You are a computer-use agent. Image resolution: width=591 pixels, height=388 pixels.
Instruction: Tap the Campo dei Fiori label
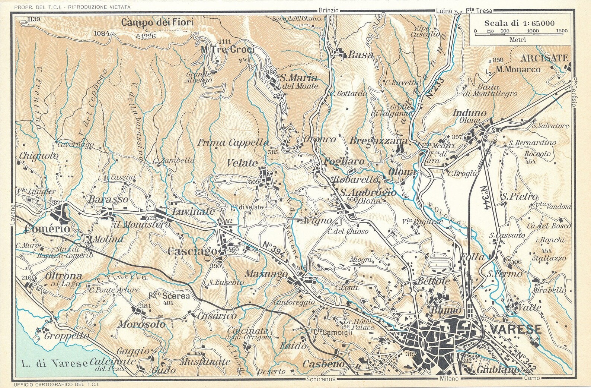click(157, 22)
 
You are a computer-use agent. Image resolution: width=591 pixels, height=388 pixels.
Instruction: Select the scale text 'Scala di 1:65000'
click(518, 23)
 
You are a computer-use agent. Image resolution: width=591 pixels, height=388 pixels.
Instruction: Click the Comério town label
click(47, 228)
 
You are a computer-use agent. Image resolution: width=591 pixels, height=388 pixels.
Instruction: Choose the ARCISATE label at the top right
click(544, 58)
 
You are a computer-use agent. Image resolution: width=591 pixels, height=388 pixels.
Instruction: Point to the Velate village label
click(242, 163)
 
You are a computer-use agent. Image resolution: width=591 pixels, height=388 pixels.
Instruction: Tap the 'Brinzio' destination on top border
click(329, 10)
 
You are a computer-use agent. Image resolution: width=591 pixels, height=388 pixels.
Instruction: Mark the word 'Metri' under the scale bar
click(517, 40)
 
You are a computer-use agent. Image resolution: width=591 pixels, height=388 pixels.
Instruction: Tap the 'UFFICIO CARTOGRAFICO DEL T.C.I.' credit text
click(58, 384)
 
